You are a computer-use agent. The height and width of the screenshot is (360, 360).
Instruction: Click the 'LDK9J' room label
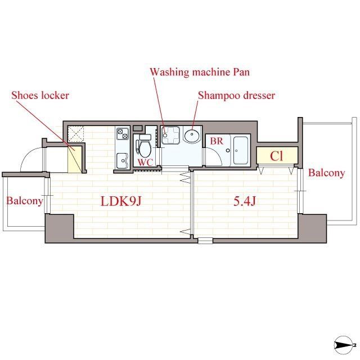(x=120, y=201)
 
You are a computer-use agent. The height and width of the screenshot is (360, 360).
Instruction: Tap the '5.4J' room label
(x=245, y=201)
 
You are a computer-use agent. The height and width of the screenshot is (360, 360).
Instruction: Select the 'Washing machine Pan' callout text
(x=199, y=72)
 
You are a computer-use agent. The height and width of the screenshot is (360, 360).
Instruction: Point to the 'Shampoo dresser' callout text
(x=236, y=96)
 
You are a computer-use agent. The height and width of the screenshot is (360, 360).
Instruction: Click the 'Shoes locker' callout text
(x=40, y=95)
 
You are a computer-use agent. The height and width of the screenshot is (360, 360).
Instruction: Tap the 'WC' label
(x=146, y=163)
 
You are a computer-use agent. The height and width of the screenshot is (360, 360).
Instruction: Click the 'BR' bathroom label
(x=217, y=142)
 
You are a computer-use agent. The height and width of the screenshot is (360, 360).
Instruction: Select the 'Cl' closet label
(x=276, y=156)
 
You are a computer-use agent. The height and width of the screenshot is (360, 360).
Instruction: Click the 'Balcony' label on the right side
(x=327, y=173)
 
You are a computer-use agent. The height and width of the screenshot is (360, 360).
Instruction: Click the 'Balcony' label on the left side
(x=24, y=201)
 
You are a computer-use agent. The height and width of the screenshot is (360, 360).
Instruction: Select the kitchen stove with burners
(x=123, y=134)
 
